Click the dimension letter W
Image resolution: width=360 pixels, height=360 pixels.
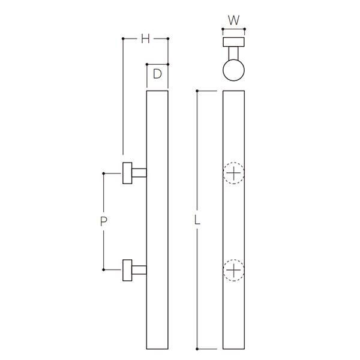point(234,20)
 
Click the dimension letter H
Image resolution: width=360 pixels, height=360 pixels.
point(145,38)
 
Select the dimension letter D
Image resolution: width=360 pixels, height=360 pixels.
point(157,74)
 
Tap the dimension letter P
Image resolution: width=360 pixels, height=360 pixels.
point(104,221)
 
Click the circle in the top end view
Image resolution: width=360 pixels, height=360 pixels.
point(223,70)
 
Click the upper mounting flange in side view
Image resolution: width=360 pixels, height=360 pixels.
point(127,173)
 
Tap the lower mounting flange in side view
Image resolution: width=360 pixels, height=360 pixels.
point(127,270)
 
